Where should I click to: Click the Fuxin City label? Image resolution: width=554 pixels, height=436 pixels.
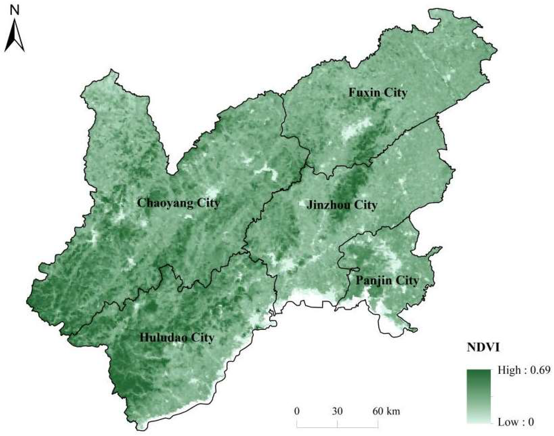click(x=378, y=93)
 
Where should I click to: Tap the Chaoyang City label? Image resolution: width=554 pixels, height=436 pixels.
click(x=178, y=203)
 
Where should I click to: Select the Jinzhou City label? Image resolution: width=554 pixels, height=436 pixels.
click(x=342, y=205)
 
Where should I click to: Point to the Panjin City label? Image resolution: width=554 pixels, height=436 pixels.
click(x=387, y=281)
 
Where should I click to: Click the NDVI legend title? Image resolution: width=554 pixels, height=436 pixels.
click(x=483, y=348)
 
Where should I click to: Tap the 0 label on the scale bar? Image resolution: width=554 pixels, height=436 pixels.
click(x=296, y=411)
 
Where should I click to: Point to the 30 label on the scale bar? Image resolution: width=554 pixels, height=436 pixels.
click(x=337, y=411)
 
